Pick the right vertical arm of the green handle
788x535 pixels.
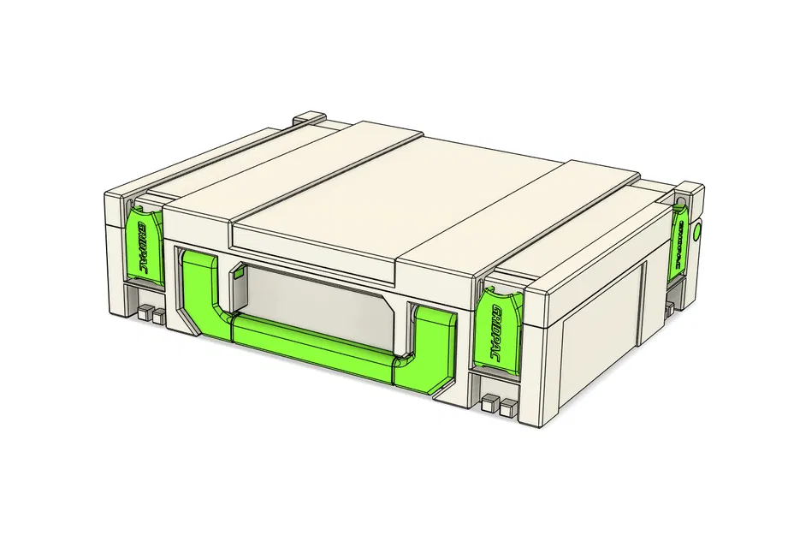pos(436,343)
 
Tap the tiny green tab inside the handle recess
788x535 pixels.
pos(239,274)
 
